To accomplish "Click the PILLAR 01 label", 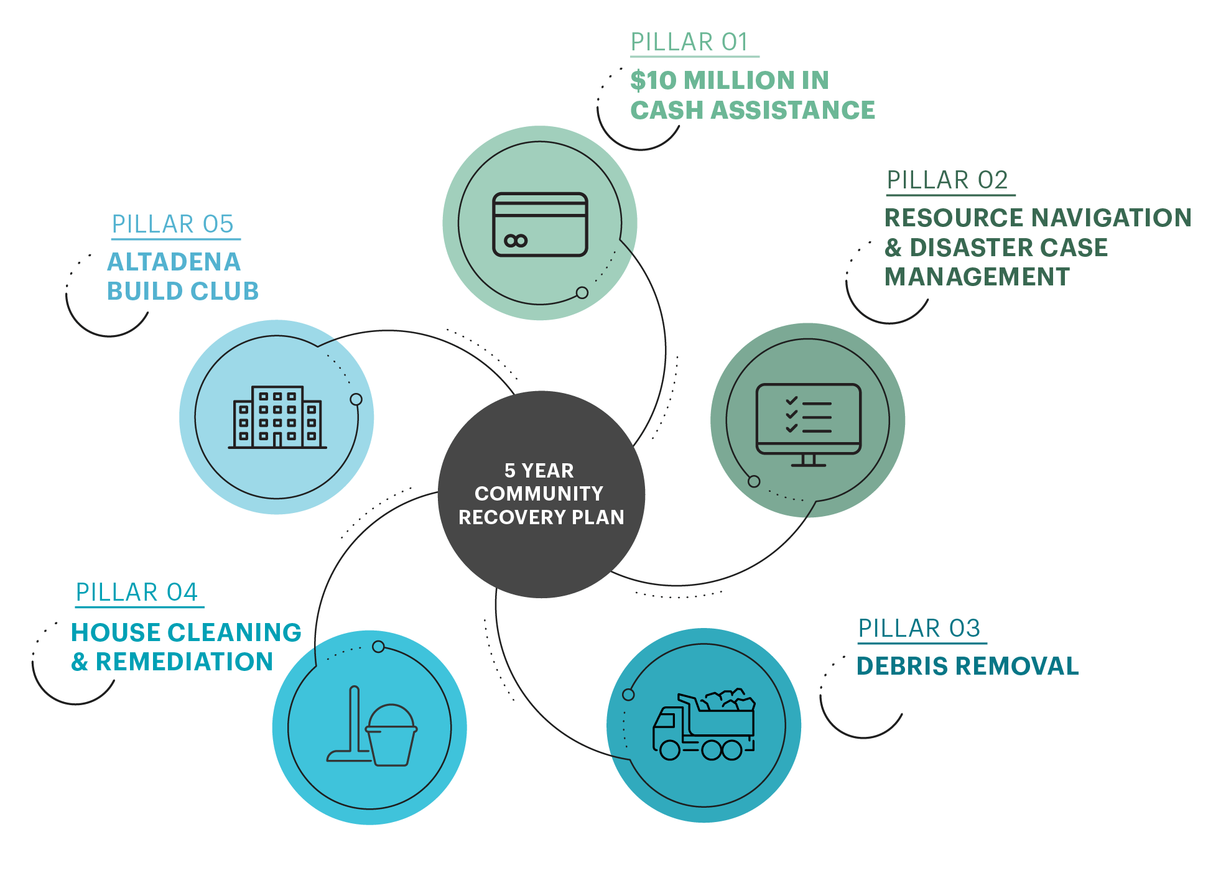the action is coord(689,42).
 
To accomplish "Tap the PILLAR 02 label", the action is coord(947,180).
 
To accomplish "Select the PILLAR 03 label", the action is coord(919,628).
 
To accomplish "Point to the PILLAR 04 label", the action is coord(137,592).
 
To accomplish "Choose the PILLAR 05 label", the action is coord(173,224).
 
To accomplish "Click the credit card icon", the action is coord(540,224).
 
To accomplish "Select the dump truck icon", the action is coord(704,724).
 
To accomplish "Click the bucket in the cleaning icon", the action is coord(391,735).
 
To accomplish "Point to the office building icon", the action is coord(277,417).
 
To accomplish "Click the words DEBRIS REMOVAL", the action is coord(967,666).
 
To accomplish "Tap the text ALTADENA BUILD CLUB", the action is coord(183,276).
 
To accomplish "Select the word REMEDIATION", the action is coord(184,662).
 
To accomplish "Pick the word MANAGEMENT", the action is coord(977,277).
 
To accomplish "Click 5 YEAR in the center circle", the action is coord(539,471).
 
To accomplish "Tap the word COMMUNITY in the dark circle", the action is coord(539,494).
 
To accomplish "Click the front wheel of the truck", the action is coord(670,750).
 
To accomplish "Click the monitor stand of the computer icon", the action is coord(809,460).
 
